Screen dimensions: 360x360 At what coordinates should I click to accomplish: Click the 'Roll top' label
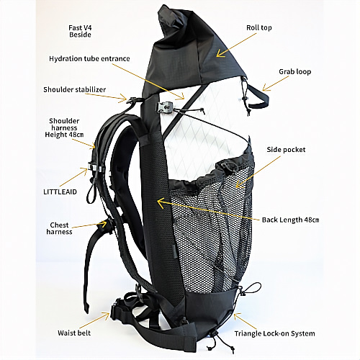[x=259, y=27]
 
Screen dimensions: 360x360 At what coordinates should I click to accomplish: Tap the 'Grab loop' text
[x=294, y=71]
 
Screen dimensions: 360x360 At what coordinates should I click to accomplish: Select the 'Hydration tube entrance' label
[x=89, y=59]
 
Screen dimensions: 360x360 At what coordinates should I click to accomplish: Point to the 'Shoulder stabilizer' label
[x=74, y=89]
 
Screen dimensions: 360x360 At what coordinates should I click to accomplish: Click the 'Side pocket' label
[x=286, y=150]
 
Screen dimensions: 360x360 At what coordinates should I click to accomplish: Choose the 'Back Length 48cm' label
[x=290, y=220]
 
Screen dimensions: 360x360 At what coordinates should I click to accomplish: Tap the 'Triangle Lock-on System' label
[x=274, y=333]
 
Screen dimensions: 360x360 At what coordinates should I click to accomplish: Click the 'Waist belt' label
[x=74, y=333]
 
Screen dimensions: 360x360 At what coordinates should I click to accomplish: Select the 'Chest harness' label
[x=59, y=228]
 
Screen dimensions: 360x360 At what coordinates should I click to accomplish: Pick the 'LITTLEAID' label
[x=60, y=192]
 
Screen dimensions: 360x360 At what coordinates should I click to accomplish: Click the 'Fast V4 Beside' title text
[x=80, y=31]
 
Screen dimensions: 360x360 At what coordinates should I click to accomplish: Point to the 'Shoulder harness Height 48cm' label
[x=64, y=127]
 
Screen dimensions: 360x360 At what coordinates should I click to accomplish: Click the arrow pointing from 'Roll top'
[x=236, y=45]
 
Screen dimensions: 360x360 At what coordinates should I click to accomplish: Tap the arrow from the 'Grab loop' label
[x=276, y=84]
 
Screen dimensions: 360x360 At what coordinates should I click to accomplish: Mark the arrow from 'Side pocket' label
[x=258, y=172]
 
